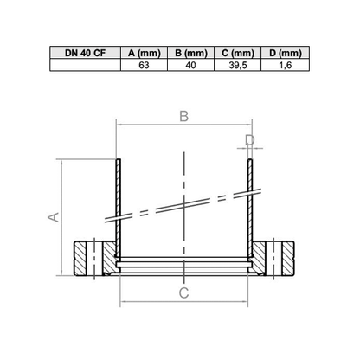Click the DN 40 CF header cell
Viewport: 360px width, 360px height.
85,53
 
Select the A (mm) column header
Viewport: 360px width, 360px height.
144,53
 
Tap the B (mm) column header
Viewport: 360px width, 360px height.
191,53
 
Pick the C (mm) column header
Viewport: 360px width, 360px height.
238,53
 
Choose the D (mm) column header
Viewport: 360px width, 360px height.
286,53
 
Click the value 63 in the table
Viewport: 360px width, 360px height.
144,65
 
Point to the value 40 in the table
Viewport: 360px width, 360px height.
190,65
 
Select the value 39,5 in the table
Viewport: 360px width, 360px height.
238,65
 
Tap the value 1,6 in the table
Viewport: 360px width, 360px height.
286,65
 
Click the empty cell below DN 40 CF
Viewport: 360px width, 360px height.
85,65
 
